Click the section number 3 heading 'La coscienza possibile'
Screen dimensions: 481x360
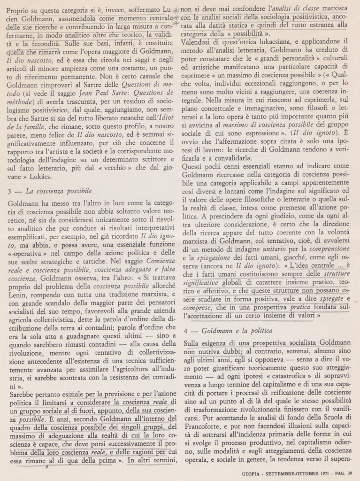click(51, 190)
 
